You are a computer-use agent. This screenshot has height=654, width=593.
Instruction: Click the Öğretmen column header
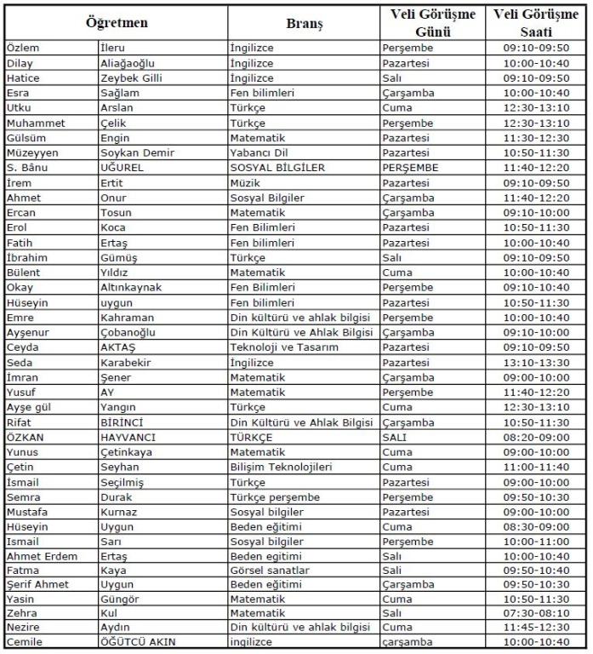[116, 24]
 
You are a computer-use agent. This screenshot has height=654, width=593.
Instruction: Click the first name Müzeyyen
[30, 152]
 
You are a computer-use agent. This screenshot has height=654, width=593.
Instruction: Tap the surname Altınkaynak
[130, 287]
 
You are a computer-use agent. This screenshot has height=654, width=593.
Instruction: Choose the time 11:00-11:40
[535, 467]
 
